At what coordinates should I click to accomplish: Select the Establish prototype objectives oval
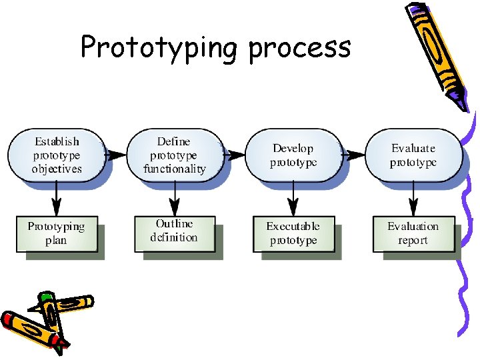click(57, 155)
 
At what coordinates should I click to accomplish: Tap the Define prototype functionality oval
click(174, 155)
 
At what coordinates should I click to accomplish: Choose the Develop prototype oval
click(293, 155)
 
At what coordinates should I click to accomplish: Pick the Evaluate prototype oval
click(413, 155)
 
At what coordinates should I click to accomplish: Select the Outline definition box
click(174, 231)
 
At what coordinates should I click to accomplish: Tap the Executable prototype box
click(293, 233)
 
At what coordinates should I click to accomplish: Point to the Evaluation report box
click(413, 233)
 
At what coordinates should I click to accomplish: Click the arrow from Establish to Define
click(116, 155)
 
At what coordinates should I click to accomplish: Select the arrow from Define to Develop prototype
click(235, 155)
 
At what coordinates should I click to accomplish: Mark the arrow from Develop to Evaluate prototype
click(353, 155)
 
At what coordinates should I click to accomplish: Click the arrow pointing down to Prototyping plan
click(57, 197)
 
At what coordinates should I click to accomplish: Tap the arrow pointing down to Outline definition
click(175, 197)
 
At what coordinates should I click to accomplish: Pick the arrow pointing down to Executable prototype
click(293, 197)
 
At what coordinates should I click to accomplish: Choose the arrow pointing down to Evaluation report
click(413, 197)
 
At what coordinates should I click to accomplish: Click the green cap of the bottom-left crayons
click(46, 297)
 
